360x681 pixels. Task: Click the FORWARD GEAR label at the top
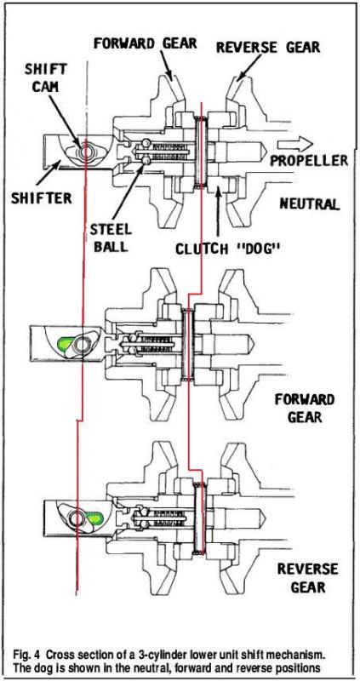(145, 43)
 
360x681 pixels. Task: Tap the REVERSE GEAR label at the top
(269, 46)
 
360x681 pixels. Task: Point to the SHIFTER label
(42, 198)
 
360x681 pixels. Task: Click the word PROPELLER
(309, 160)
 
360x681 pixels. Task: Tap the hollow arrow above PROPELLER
(294, 143)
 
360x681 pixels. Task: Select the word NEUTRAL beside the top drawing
(309, 203)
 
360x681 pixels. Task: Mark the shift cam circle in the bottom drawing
(77, 518)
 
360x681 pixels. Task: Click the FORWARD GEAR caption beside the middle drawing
(305, 409)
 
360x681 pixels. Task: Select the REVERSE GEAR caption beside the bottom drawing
(307, 578)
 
